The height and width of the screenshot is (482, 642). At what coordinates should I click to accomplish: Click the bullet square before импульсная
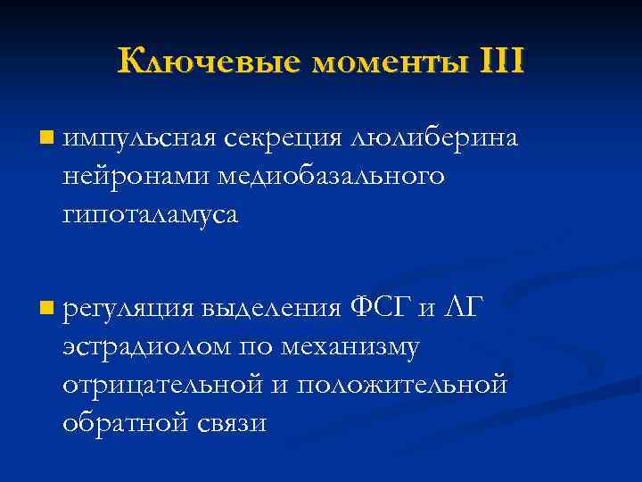pyautogui.click(x=46, y=138)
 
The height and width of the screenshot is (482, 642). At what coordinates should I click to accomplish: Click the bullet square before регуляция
pyautogui.click(x=46, y=309)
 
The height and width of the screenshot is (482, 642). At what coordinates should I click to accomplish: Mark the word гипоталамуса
pyautogui.click(x=151, y=215)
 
